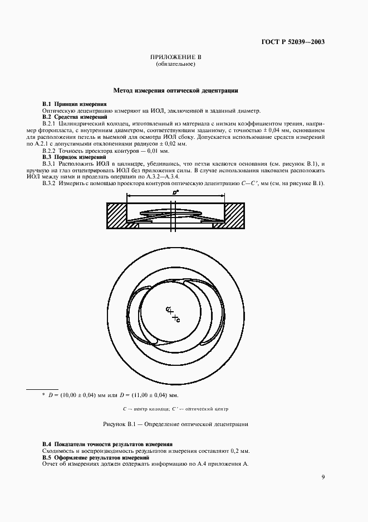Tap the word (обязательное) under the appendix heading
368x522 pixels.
175,64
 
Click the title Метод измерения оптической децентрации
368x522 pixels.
176,89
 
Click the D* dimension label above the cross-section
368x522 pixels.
175,191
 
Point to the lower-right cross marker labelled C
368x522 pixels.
175,318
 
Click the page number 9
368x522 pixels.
323,476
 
